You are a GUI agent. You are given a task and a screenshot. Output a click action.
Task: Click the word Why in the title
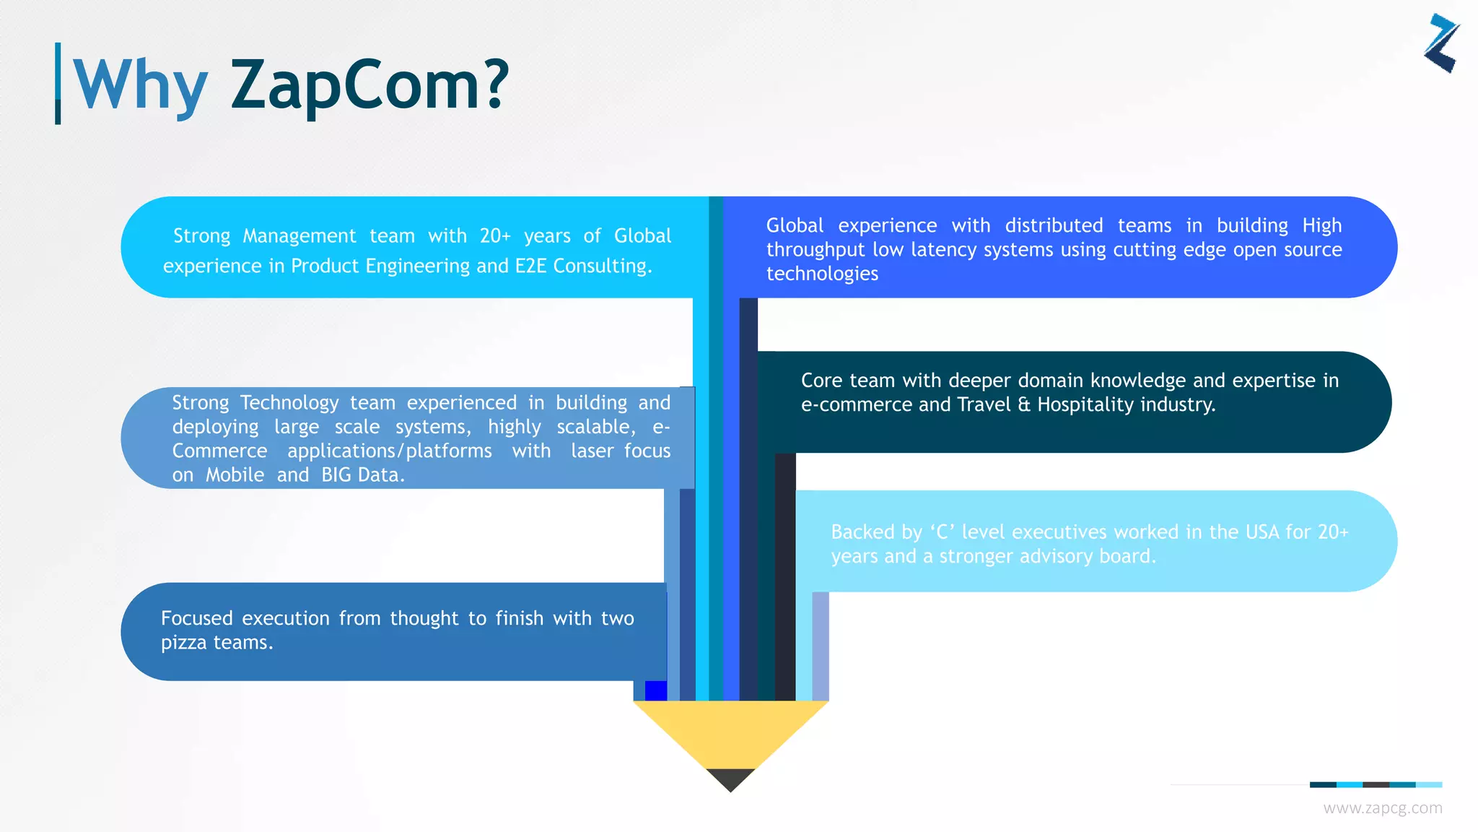tap(141, 85)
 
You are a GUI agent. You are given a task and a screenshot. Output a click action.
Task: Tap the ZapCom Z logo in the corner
tap(1441, 43)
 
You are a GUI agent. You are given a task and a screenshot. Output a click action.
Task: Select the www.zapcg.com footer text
tap(1382, 808)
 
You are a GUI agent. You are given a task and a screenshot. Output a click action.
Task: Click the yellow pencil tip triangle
tap(730, 729)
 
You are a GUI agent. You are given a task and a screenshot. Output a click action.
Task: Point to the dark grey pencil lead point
tap(730, 779)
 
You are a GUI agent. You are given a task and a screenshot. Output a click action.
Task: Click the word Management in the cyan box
tap(299, 236)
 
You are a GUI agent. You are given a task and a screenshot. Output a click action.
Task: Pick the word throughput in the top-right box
tap(815, 250)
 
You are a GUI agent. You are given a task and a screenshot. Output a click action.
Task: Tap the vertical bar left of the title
tap(58, 83)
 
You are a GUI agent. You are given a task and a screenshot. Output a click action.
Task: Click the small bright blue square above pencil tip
tap(655, 690)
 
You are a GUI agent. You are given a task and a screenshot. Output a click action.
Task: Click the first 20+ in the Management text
tap(494, 236)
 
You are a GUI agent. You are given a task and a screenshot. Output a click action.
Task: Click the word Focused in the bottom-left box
tap(196, 619)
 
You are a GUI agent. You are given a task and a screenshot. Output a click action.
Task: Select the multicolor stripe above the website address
tap(1375, 784)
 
